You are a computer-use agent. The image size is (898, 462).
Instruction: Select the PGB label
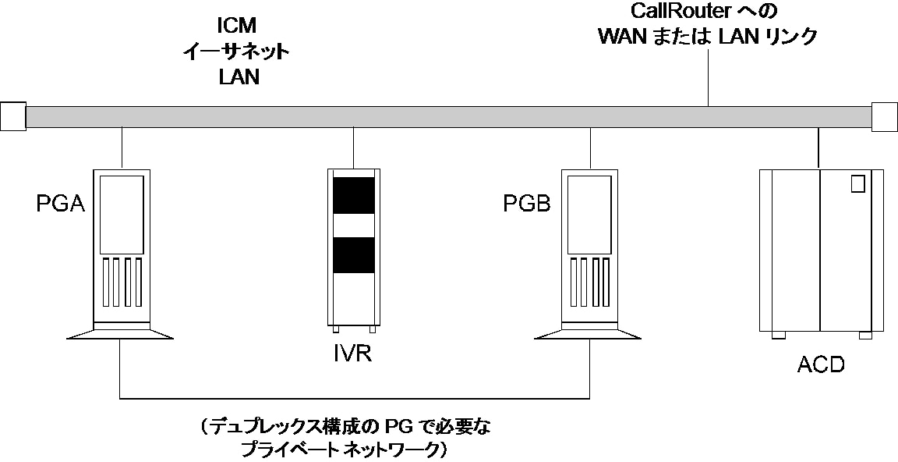tap(526, 204)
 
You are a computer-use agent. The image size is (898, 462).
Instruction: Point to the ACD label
tap(821, 364)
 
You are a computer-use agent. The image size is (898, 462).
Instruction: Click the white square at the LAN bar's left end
tap(13, 116)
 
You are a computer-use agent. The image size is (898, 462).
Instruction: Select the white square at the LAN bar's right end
tap(885, 116)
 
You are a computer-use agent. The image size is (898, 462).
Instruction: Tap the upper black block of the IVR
tap(355, 195)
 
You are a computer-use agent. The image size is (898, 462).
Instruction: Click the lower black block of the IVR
tap(355, 254)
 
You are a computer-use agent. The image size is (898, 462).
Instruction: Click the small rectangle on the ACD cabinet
tap(857, 184)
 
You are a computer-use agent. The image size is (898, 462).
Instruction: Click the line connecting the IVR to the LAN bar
tap(355, 147)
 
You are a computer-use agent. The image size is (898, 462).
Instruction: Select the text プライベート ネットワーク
tap(343, 450)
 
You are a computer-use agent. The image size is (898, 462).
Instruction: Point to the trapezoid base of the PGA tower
tap(120, 333)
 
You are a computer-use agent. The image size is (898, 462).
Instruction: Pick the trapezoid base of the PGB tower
tap(589, 333)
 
